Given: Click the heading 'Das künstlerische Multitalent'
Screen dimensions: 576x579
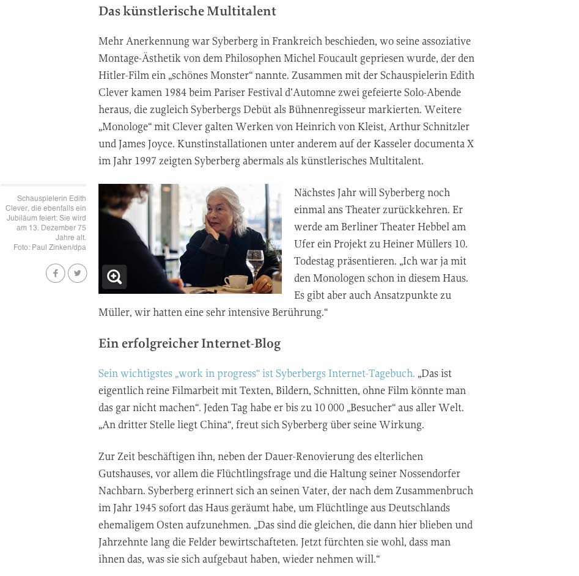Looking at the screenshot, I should coord(187,12).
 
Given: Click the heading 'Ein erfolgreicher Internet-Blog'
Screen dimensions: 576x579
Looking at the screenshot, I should coord(190,344).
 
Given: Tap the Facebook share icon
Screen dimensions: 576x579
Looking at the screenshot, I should coord(55,273).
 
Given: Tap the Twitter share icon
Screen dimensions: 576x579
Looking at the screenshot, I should coord(78,273).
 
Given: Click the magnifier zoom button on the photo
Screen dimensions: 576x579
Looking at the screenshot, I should coord(114,277).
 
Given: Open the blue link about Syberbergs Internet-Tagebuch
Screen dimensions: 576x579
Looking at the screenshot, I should coord(256,373).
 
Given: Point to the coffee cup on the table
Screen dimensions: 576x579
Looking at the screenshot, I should coord(235,281).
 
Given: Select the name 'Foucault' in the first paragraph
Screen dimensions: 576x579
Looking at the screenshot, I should coord(377,58).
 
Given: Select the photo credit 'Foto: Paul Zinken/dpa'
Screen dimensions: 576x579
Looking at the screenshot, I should coord(50,247).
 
